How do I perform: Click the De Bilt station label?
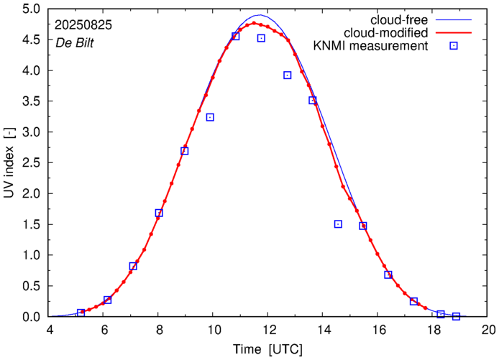(x=75, y=42)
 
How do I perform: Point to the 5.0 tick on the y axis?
(x=33, y=9)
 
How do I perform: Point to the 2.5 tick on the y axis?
(x=33, y=163)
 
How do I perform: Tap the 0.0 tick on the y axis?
(x=33, y=317)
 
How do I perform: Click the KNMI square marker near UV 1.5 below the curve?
(x=338, y=224)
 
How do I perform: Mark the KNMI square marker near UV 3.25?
(x=210, y=117)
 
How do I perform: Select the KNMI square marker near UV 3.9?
(x=288, y=75)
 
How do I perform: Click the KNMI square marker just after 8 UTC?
(x=159, y=213)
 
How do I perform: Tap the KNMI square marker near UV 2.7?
(x=185, y=151)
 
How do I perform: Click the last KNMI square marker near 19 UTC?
(x=456, y=316)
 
